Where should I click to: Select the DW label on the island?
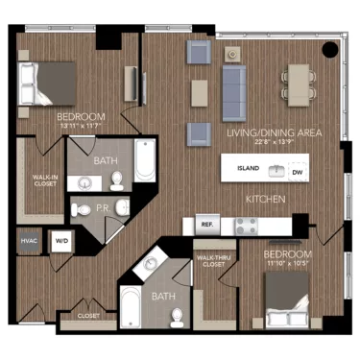click(298, 171)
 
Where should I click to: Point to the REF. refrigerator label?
click(206, 226)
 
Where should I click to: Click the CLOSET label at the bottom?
click(87, 314)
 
